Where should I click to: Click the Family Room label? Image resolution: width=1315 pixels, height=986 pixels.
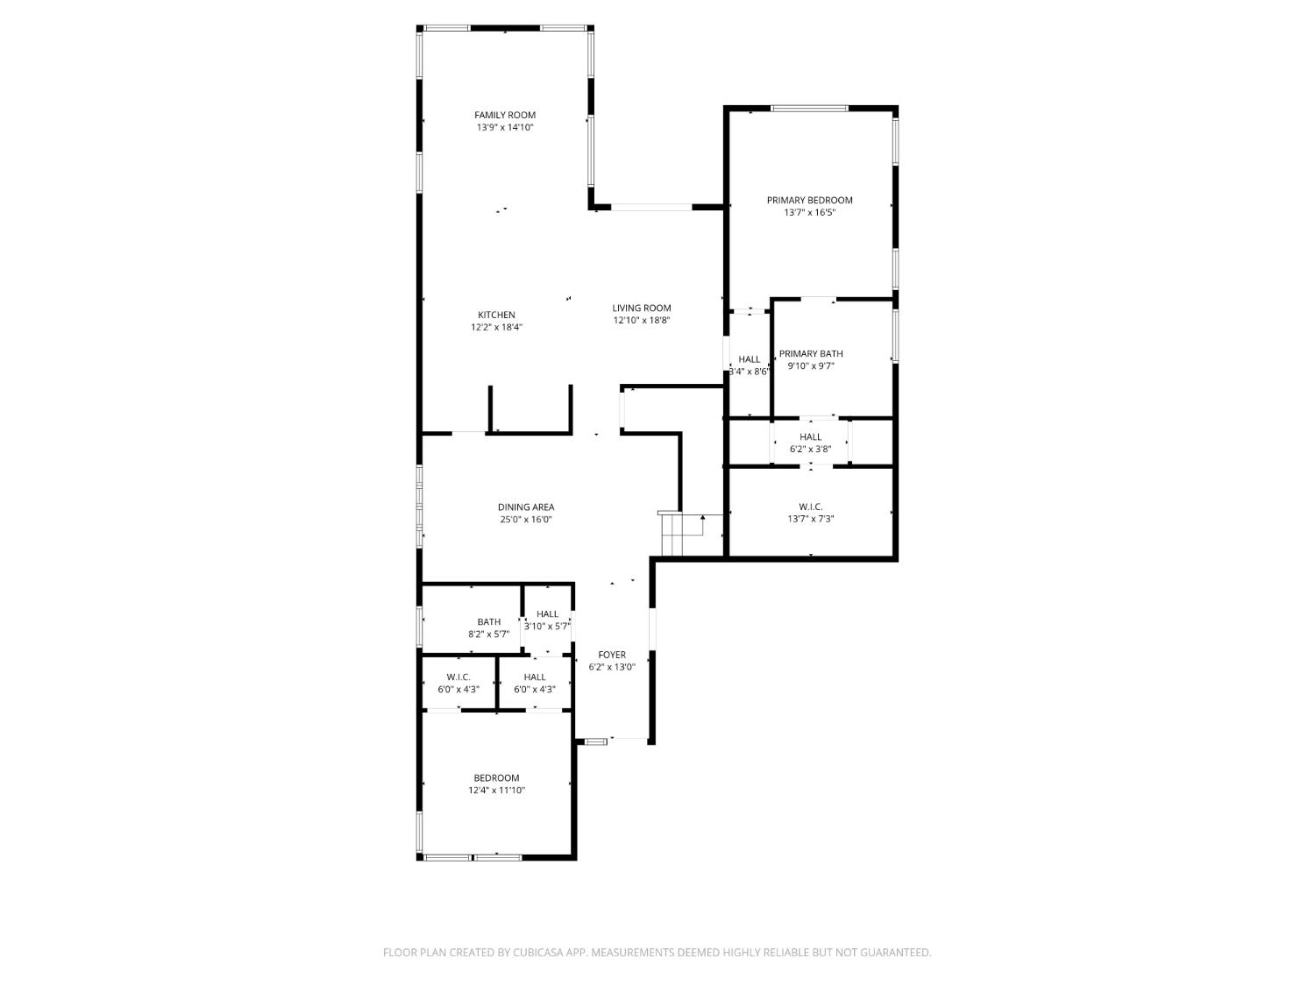(x=504, y=115)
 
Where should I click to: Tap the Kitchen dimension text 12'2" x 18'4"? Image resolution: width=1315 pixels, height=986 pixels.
(x=496, y=328)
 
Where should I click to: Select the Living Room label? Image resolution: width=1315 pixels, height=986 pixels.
(x=641, y=308)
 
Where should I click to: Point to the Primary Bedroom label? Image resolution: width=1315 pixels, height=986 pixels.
(x=809, y=200)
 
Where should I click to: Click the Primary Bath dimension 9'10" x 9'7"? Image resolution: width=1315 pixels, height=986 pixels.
(x=810, y=366)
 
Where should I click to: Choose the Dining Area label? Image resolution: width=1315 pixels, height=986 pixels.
(x=526, y=507)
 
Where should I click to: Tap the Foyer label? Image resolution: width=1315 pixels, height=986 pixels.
(x=612, y=655)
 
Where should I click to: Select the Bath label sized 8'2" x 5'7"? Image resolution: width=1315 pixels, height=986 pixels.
(x=488, y=621)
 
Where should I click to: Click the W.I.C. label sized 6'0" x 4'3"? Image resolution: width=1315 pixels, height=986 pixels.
(x=458, y=677)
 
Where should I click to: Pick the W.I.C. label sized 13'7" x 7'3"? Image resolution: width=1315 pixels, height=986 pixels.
(x=810, y=507)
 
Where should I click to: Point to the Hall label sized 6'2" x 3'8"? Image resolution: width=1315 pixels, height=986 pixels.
(x=810, y=436)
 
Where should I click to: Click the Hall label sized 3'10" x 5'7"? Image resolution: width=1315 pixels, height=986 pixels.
(x=547, y=614)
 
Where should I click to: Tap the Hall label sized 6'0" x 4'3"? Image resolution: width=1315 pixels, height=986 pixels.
(x=535, y=677)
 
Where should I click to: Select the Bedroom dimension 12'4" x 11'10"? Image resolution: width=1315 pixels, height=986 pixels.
(x=496, y=791)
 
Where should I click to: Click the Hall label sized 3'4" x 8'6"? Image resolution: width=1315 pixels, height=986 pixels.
(x=750, y=359)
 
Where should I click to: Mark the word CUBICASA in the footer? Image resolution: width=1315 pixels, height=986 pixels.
(x=537, y=953)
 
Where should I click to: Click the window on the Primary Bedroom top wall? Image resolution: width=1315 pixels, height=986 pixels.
(x=809, y=109)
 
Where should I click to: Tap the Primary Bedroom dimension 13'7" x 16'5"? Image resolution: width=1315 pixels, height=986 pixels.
(x=809, y=212)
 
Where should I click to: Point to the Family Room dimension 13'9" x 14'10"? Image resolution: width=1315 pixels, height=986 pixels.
(x=504, y=127)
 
